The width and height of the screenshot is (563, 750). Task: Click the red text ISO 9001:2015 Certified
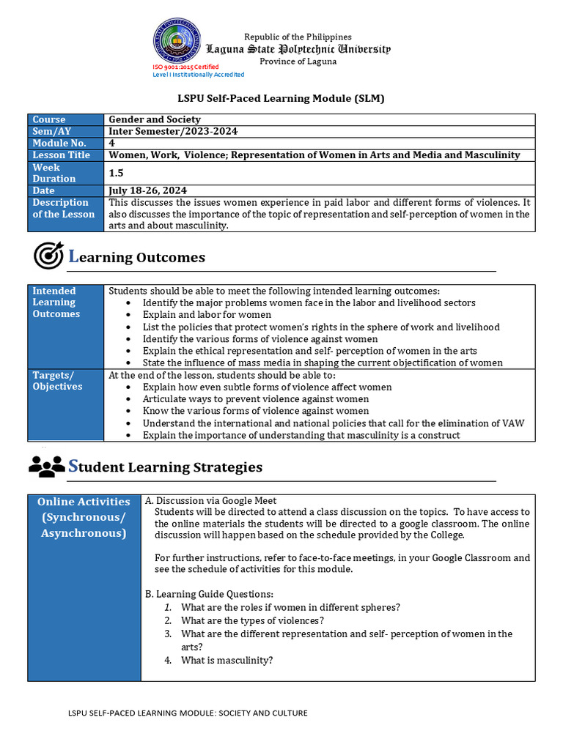[185, 67]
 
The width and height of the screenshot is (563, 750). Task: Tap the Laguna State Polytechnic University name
[298, 49]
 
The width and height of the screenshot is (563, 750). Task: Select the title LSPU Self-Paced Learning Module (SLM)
[281, 98]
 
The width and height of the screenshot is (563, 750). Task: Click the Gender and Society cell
[155, 119]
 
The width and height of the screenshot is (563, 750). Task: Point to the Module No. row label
[59, 143]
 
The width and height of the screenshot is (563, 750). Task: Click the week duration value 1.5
[117, 173]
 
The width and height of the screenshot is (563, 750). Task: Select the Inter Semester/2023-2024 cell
[173, 131]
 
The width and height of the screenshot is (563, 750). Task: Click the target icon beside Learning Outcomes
[48, 256]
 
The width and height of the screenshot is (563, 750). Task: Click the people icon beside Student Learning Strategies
[47, 465]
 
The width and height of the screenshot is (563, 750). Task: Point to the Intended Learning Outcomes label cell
[56, 302]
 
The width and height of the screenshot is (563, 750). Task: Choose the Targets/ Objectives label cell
[57, 381]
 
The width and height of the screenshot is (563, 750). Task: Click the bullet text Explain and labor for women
[207, 315]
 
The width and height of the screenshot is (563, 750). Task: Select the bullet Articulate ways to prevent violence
[255, 399]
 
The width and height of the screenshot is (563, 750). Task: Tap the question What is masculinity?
[227, 660]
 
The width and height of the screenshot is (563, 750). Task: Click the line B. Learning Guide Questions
[209, 594]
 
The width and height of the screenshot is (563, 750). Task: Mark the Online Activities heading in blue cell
[84, 502]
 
